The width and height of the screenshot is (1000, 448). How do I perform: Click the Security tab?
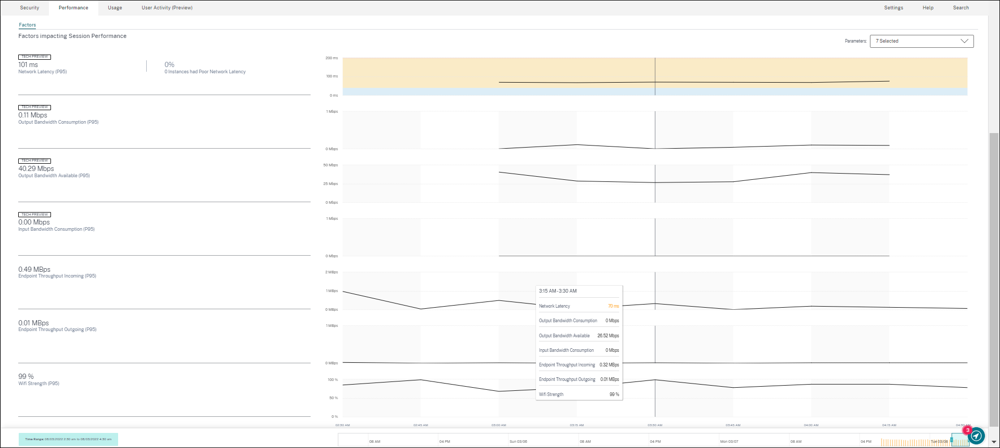click(30, 8)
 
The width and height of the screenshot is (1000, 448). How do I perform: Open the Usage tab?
click(115, 8)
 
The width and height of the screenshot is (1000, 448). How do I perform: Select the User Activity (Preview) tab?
click(167, 8)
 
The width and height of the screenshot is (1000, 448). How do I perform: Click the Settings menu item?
click(893, 8)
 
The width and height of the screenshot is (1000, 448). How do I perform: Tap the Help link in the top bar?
click(928, 8)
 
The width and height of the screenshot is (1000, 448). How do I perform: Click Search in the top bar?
click(960, 8)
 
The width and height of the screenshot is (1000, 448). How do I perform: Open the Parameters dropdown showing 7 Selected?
click(921, 41)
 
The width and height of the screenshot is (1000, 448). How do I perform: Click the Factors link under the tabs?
click(28, 25)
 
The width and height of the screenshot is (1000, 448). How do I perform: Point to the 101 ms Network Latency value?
click(28, 65)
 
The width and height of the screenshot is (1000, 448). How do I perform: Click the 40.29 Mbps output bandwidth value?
click(36, 169)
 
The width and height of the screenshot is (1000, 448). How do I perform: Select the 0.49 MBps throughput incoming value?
click(34, 270)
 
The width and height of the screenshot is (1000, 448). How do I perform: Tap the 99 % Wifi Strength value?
click(26, 377)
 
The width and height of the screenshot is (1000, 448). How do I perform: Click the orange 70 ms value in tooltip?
click(613, 306)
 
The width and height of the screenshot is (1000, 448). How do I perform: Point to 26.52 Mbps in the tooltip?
click(608, 336)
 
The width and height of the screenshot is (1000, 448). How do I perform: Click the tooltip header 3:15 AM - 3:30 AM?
click(558, 291)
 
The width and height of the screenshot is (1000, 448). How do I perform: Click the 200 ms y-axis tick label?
click(331, 58)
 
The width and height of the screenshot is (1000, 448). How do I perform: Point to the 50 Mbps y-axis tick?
click(330, 165)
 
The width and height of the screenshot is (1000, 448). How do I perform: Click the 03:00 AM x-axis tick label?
click(498, 425)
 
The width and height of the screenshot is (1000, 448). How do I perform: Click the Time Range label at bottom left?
click(68, 439)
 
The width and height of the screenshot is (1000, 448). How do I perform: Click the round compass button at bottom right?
click(977, 436)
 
